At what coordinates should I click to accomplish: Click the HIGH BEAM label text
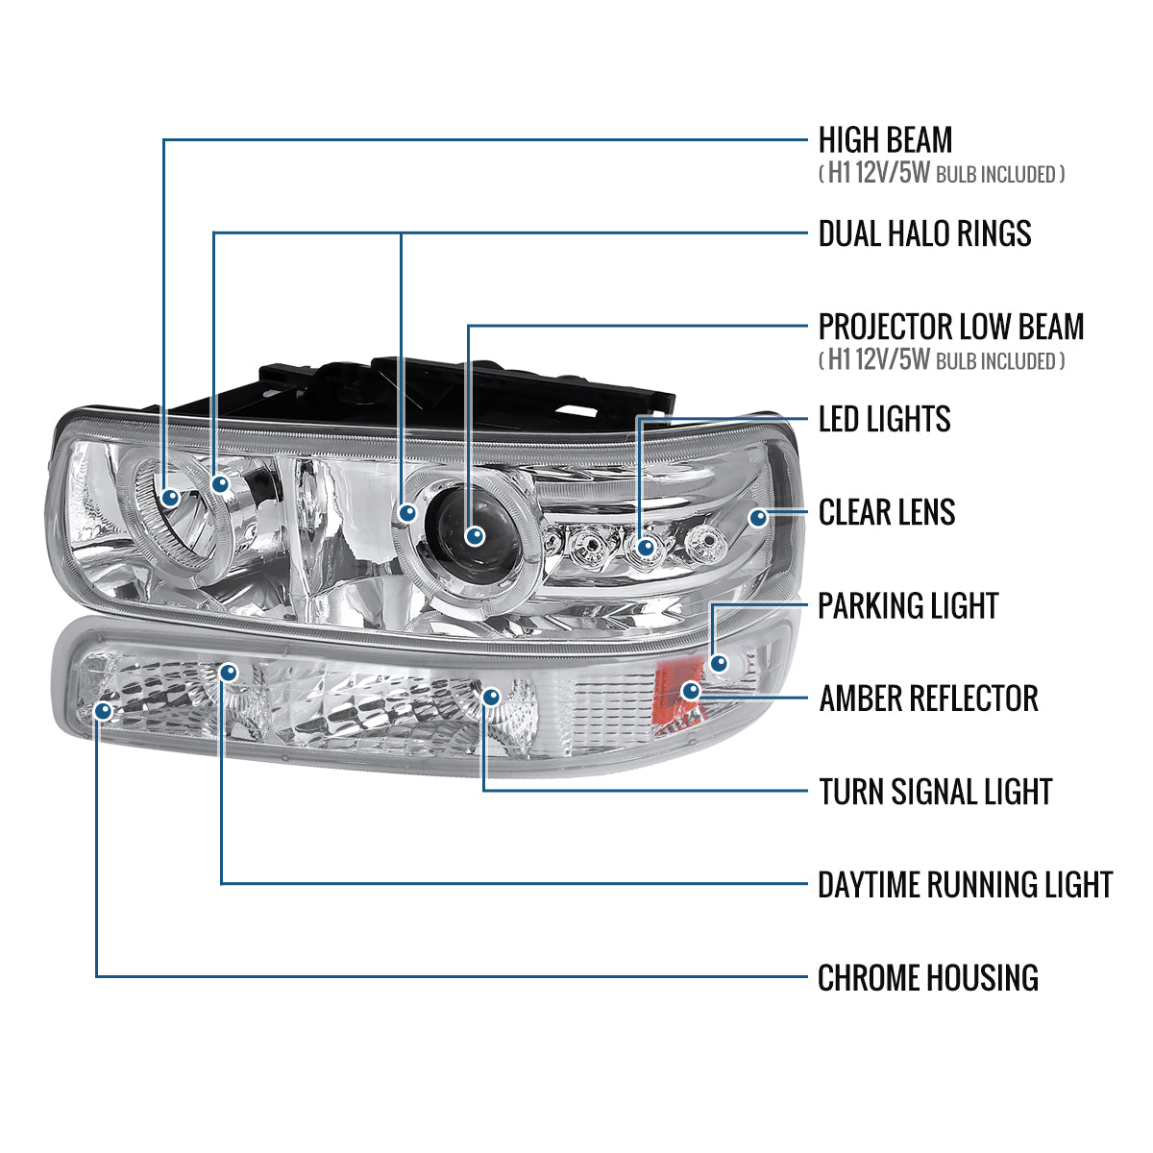[885, 140]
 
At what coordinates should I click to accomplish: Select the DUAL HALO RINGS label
[924, 233]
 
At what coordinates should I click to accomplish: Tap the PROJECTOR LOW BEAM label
[950, 327]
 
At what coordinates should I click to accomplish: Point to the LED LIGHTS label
[884, 419]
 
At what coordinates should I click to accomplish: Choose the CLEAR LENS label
[886, 512]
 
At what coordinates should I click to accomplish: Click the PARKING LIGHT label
[908, 606]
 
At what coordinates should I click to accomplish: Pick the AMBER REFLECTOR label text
[928, 699]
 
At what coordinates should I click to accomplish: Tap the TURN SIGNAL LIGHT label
[935, 792]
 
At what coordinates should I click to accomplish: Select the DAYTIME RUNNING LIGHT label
[965, 885]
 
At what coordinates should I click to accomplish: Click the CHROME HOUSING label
[927, 978]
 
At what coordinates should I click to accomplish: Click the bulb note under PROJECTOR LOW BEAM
[942, 360]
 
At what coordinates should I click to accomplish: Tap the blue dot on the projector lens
[473, 535]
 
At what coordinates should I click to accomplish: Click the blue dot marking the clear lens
[759, 518]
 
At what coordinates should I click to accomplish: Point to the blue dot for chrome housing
[104, 711]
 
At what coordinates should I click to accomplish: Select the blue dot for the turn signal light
[491, 697]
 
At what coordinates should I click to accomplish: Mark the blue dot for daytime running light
[228, 672]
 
